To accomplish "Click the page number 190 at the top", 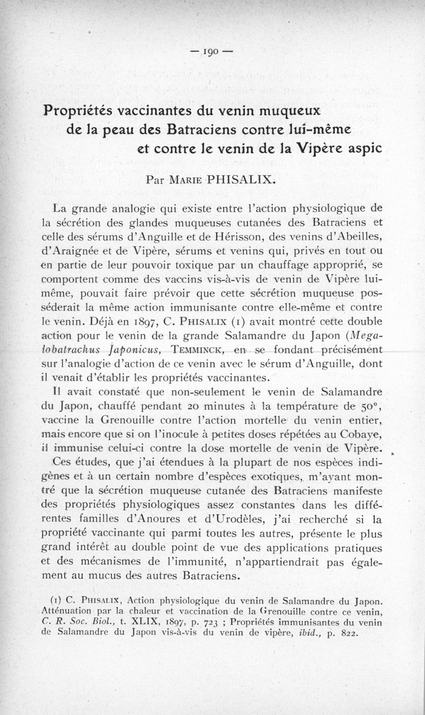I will [x=212, y=52].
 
